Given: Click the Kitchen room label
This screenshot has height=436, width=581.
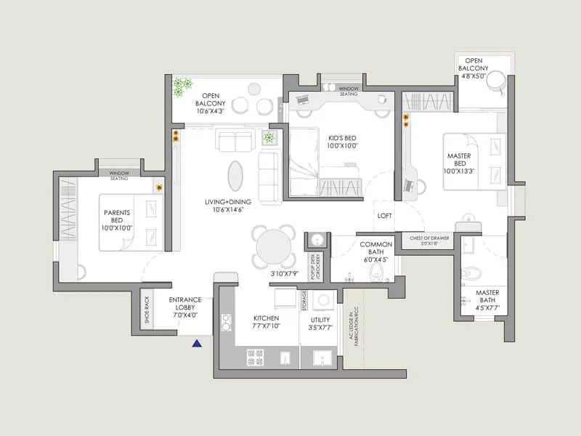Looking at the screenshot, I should (x=266, y=322).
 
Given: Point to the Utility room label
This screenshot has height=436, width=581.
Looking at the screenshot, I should (x=320, y=322).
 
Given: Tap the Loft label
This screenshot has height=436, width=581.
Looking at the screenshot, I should (x=385, y=216).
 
